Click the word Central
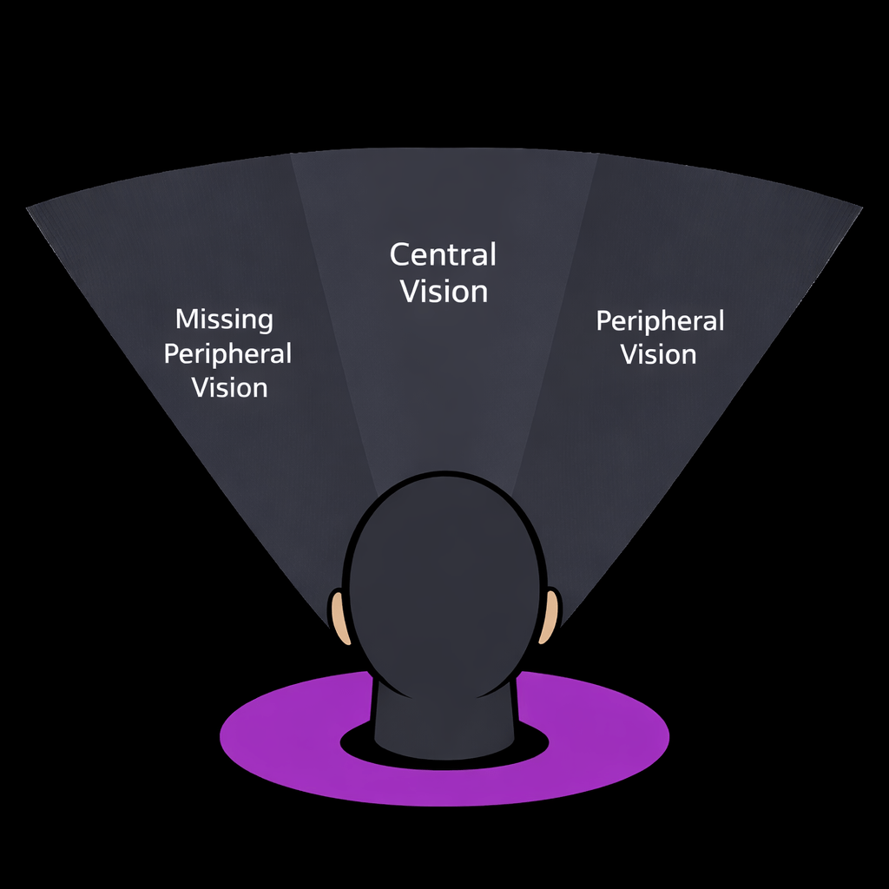tap(443, 255)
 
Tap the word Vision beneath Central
tap(444, 291)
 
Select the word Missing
tap(224, 319)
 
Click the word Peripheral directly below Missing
tap(227, 354)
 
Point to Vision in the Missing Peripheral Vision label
tap(229, 387)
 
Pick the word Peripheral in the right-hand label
tap(660, 322)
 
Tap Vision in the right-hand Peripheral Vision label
tap(658, 354)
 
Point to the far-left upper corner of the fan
tap(30, 207)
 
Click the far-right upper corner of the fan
tap(859, 207)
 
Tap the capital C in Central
tap(399, 255)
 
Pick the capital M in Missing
tap(184, 319)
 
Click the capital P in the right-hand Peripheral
tap(603, 321)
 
